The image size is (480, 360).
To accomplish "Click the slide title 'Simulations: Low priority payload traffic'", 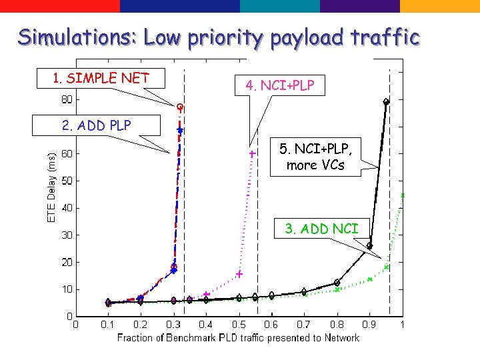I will tap(219, 37).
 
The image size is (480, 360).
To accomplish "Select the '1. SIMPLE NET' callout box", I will tap(101, 79).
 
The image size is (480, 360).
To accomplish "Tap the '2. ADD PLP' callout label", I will tap(97, 125).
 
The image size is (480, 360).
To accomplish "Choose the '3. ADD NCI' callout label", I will tap(321, 229).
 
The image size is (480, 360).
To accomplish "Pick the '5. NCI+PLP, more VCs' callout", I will tap(315, 157).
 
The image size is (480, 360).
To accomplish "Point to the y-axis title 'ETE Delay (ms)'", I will tap(52, 185).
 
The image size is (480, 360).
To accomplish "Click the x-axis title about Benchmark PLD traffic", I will tap(238, 338).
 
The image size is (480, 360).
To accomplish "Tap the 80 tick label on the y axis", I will tap(67, 100).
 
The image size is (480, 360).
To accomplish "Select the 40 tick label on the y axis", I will tap(67, 208).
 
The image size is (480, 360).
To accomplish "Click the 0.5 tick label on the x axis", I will tap(239, 325).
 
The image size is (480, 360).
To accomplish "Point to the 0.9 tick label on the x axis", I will tap(369, 325).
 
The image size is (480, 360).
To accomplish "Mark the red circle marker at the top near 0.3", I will tap(180, 106).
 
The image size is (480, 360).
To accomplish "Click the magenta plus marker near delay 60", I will tap(252, 154).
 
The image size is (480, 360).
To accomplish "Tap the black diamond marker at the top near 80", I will tap(386, 101).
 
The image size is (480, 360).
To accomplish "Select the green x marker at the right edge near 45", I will tap(403, 195).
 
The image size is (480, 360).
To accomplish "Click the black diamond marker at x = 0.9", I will tap(369, 246).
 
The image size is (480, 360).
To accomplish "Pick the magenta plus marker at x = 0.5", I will tap(239, 274).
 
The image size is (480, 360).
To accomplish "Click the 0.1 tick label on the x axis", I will tap(108, 325).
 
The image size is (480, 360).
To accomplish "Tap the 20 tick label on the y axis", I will tap(67, 262).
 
